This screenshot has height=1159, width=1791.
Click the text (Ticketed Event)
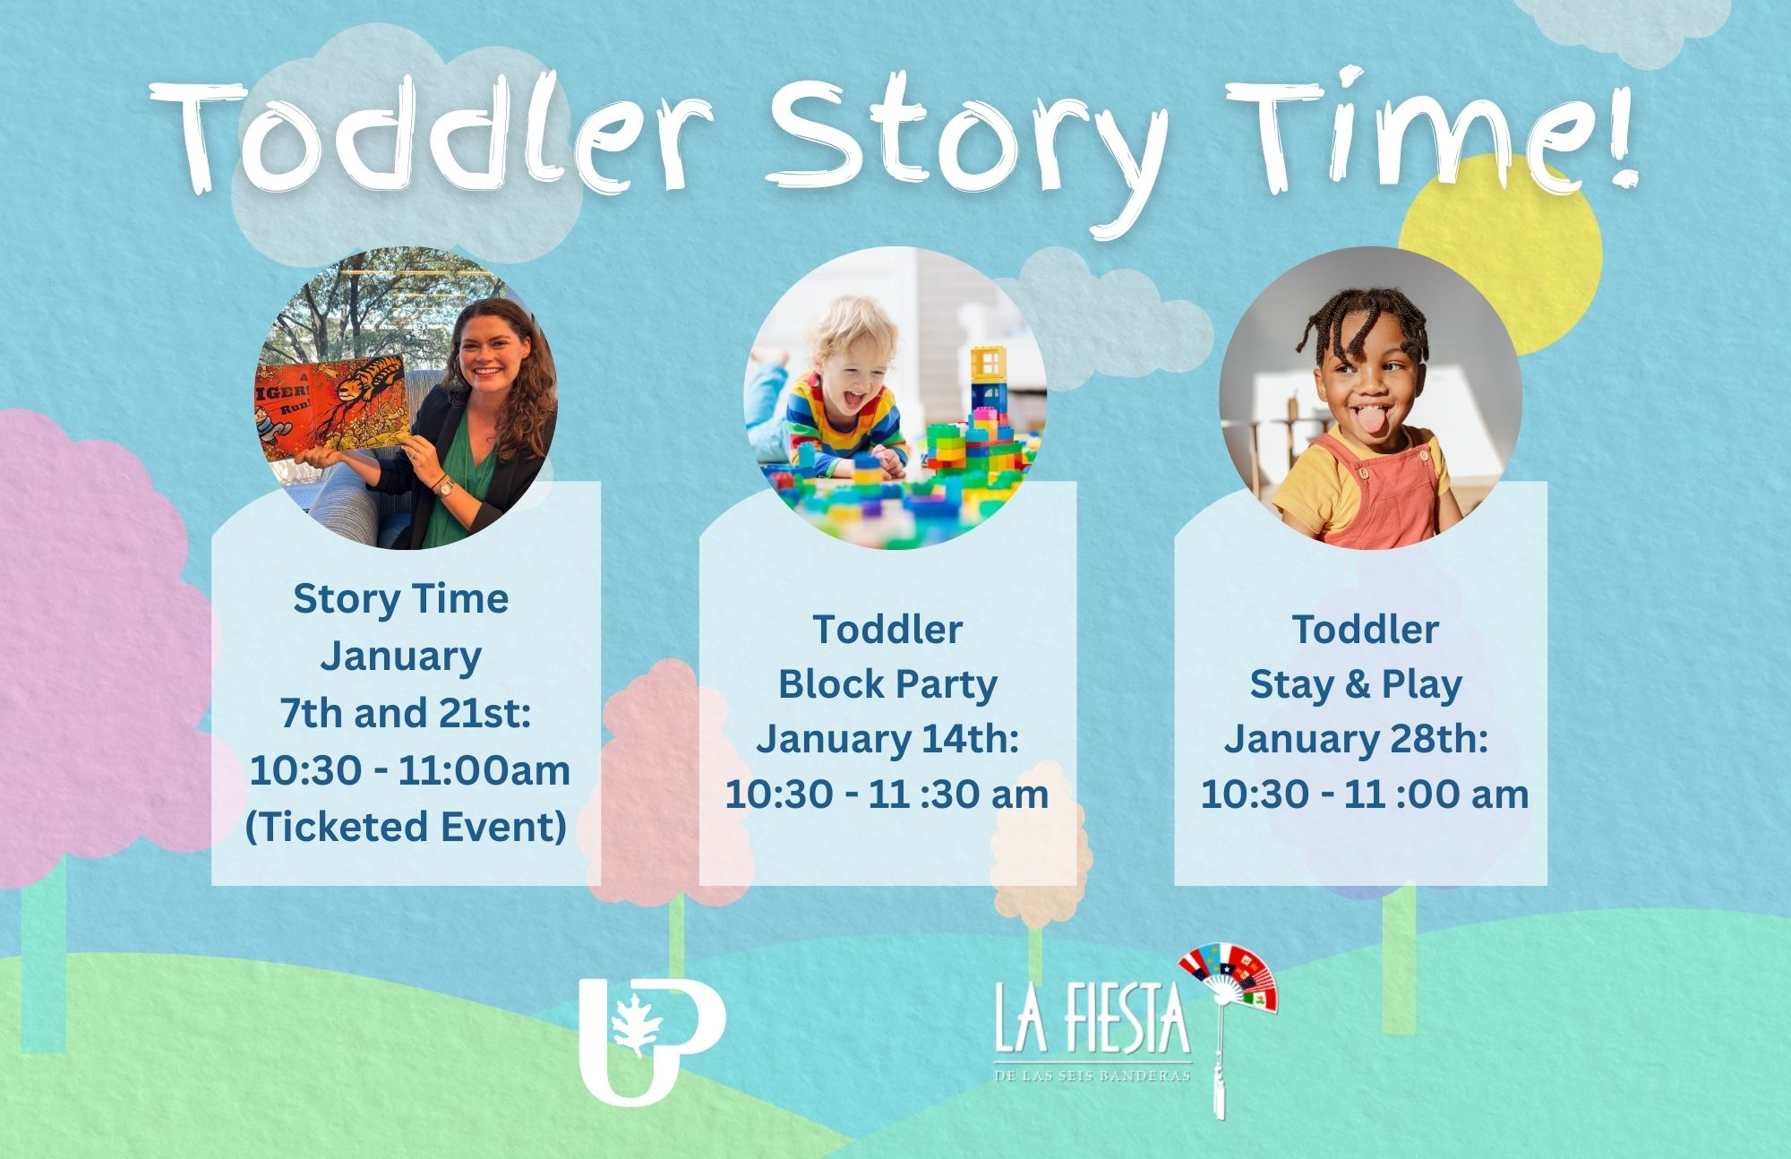coord(406,826)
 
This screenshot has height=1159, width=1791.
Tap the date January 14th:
coord(887,740)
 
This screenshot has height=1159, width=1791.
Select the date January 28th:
coord(1356,740)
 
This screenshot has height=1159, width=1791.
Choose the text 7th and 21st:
coord(406,713)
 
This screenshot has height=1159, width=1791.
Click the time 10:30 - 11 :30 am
coord(887,794)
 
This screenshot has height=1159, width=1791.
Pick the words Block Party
coord(887,685)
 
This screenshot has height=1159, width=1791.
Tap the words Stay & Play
coord(1356,685)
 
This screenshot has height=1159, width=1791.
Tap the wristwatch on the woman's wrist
coord(444,485)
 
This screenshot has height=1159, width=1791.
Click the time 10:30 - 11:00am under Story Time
coord(410,770)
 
